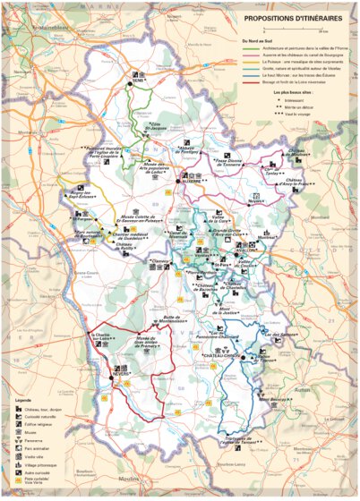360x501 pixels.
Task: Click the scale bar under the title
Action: [x=291, y=28]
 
